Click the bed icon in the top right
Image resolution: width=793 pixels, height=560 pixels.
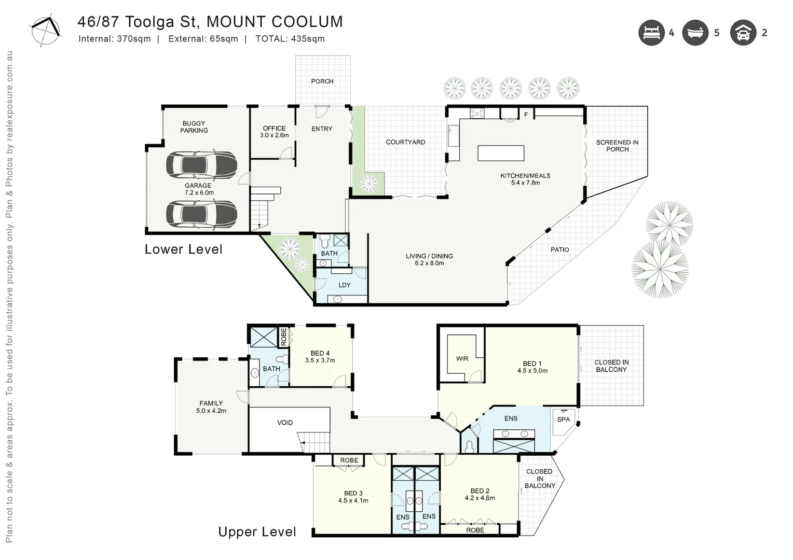click(x=651, y=33)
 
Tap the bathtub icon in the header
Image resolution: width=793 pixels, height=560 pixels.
click(x=695, y=33)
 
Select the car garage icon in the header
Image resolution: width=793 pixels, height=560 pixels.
click(x=743, y=33)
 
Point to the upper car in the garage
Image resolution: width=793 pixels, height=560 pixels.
click(x=201, y=164)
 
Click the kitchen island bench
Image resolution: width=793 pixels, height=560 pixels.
click(x=501, y=153)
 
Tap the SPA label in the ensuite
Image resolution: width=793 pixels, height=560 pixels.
click(x=563, y=419)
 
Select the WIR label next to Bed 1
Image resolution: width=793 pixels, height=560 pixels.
click(x=462, y=358)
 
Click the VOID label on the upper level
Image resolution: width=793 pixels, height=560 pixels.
click(x=285, y=423)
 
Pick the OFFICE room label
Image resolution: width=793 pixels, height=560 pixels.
click(x=274, y=128)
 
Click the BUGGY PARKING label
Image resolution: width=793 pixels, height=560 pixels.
click(x=194, y=127)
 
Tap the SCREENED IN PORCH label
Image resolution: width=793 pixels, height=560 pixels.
click(x=617, y=146)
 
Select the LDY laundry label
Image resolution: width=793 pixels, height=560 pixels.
click(x=344, y=285)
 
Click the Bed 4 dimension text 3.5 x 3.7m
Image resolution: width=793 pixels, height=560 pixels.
click(x=320, y=360)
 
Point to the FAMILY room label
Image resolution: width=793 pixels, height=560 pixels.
click(x=211, y=403)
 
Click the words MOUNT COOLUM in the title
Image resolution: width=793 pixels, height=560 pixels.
click(x=275, y=22)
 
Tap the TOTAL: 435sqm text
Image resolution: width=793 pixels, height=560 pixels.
click(x=290, y=39)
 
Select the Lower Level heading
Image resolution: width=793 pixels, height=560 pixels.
click(x=183, y=249)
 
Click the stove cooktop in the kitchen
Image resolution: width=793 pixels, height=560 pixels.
click(x=477, y=113)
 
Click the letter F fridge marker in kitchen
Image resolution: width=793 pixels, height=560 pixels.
click(x=526, y=115)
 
